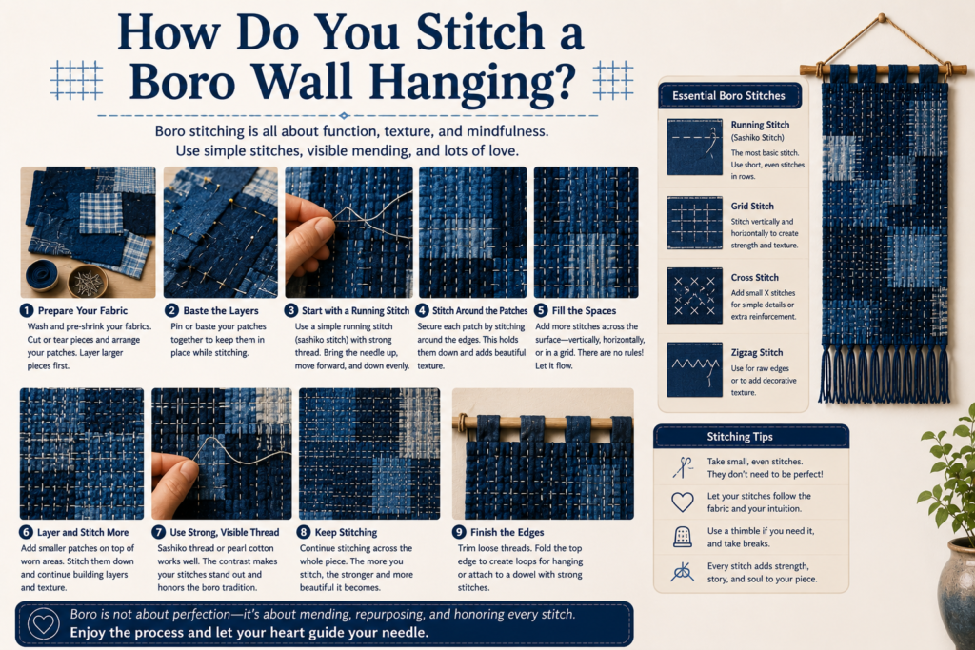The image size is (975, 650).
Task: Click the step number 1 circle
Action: [x=27, y=310]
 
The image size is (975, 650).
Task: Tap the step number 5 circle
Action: [x=541, y=310]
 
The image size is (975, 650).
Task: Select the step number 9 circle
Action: [x=460, y=532]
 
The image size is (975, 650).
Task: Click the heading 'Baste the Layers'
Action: [x=221, y=310]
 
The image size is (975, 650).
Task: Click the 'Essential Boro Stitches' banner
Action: [x=728, y=96]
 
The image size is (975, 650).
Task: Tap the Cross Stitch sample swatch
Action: [x=694, y=296]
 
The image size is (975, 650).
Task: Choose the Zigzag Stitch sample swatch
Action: [x=694, y=369]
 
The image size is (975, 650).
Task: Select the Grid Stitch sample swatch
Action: [x=694, y=223]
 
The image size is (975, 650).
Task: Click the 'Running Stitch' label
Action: [x=760, y=125]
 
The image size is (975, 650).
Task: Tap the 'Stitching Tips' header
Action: [x=739, y=437]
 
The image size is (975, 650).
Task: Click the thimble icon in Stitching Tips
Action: [x=683, y=537]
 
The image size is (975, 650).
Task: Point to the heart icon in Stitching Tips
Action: [x=683, y=502]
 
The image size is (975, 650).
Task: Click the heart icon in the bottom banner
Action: [x=44, y=624]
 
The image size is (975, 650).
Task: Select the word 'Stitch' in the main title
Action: [x=480, y=32]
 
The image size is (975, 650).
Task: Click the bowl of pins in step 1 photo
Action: [x=87, y=282]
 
